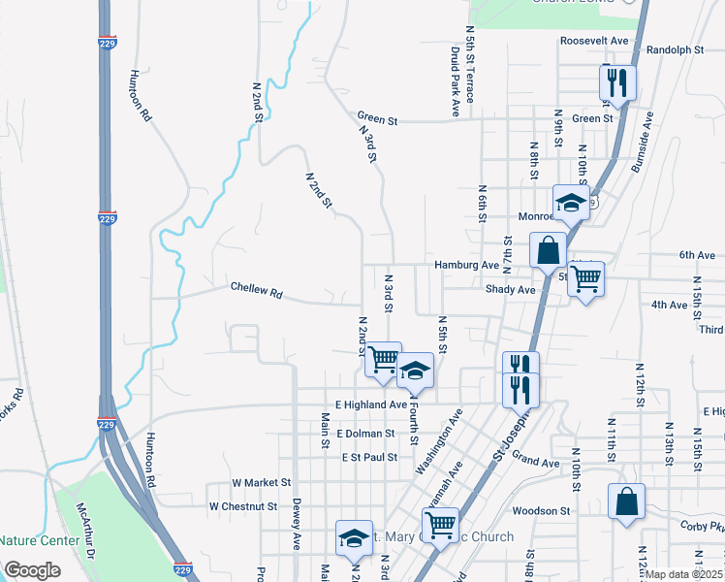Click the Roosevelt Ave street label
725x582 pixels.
click(x=594, y=42)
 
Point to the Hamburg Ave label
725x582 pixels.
click(x=466, y=264)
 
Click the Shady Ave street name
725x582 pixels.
click(x=511, y=289)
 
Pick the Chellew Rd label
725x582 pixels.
click(x=256, y=290)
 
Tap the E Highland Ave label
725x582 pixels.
click(x=371, y=404)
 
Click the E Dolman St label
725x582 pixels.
click(x=365, y=434)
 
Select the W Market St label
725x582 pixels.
click(x=262, y=482)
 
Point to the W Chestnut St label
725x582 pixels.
click(x=243, y=506)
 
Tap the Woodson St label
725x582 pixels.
click(x=542, y=510)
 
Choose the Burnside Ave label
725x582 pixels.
click(x=641, y=143)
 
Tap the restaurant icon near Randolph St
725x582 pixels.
click(x=616, y=83)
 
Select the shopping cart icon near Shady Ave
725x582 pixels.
click(x=585, y=279)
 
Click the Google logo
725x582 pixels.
click(x=32, y=570)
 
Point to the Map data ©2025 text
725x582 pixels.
click(x=684, y=574)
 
